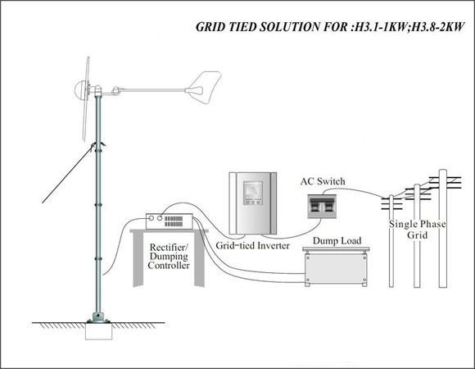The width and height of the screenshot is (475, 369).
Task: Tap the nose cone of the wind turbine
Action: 79,89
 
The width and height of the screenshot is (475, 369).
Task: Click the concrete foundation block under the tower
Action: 99,331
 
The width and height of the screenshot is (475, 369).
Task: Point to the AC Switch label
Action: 323,181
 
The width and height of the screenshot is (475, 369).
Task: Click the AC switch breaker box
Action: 322,207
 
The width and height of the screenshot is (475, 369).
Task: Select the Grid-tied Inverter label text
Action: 252,245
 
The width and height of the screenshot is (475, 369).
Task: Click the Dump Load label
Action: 337,241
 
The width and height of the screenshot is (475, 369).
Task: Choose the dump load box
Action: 336,266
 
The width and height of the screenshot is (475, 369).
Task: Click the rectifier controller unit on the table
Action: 170,221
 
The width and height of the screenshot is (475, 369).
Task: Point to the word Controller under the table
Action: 169,266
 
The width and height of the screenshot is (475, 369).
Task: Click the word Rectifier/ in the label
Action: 169,247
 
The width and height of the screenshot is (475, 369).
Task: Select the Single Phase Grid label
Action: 417,230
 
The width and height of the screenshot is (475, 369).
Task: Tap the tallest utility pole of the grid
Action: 443,228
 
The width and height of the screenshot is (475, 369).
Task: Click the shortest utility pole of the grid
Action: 391,241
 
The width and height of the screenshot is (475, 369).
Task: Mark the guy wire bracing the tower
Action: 67,174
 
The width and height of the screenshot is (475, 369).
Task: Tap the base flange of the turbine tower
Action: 98,320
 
